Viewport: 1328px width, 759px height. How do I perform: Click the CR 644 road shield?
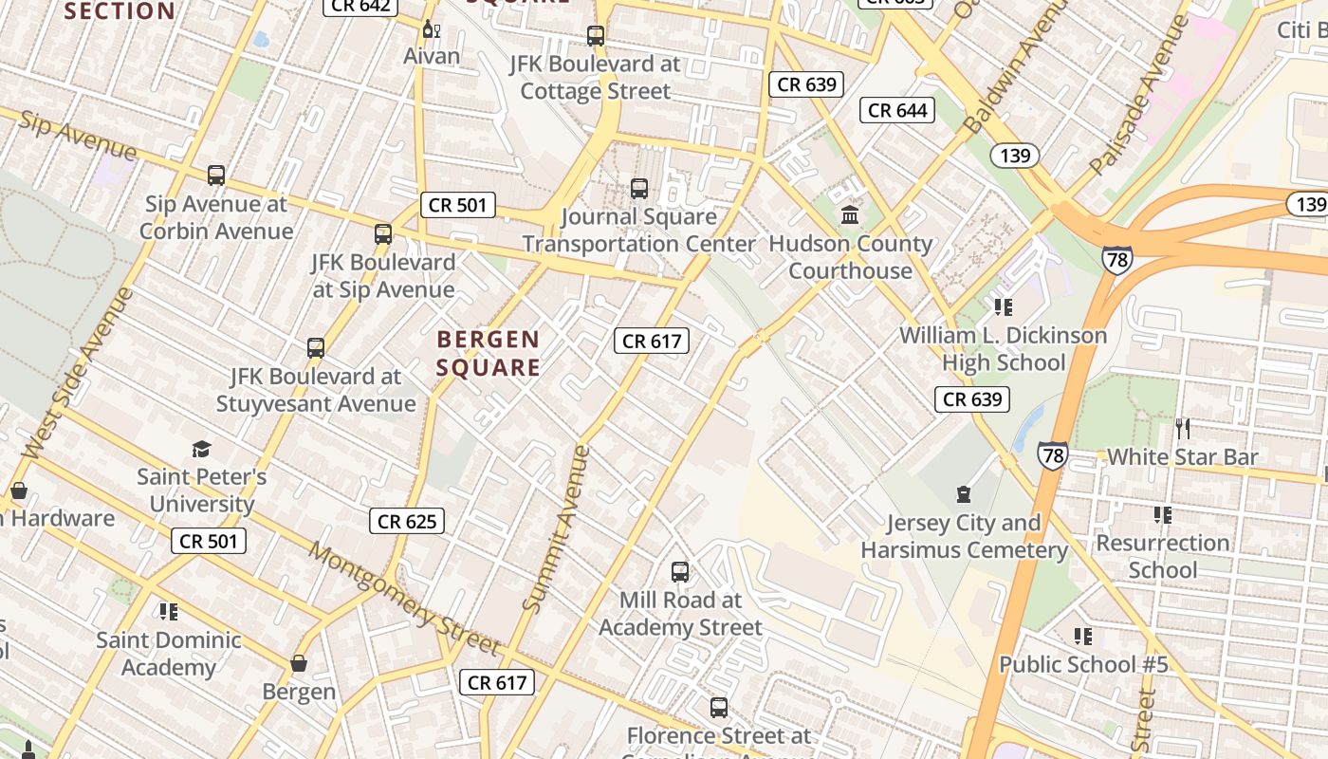coord(897,110)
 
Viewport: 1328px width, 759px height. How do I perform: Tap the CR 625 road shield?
coord(408,521)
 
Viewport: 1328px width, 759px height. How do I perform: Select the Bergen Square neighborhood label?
coord(489,353)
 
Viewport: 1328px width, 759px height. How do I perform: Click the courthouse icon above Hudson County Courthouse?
coord(850,215)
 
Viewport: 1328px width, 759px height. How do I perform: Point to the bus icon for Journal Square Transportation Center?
coord(639,188)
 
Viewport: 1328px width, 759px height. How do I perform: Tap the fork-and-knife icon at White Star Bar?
coord(1183,428)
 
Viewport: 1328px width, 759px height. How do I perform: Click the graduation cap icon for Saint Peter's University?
coord(201,449)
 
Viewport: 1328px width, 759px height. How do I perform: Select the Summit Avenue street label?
coord(556,529)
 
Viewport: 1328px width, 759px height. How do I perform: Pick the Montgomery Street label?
coord(405,600)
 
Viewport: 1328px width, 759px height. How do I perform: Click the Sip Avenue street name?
coord(78,135)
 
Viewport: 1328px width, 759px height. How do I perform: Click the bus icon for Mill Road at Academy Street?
coord(680,571)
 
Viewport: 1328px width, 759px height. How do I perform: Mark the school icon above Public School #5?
coord(1082,636)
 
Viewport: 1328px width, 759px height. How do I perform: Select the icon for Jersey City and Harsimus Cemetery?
coord(964,494)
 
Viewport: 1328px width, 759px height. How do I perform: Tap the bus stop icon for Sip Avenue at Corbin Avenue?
coord(216,176)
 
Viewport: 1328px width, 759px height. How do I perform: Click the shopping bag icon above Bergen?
coord(299,663)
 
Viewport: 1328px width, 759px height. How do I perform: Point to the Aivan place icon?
coord(432,28)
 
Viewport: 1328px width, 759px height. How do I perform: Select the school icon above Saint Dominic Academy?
coord(169,611)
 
